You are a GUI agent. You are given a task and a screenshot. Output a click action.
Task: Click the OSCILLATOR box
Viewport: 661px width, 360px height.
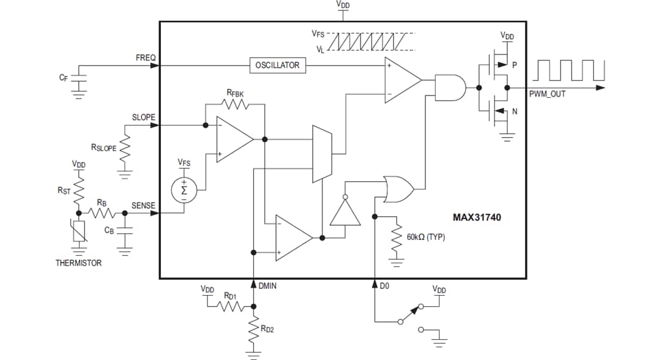point(277,65)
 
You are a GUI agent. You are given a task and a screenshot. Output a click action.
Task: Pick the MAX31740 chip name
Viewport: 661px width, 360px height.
point(477,217)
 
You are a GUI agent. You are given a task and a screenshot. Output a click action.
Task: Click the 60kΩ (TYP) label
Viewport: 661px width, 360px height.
point(425,236)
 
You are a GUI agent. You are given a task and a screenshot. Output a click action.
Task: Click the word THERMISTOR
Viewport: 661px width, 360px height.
point(79,263)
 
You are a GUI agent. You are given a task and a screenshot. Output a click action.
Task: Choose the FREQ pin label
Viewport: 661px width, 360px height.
point(146,58)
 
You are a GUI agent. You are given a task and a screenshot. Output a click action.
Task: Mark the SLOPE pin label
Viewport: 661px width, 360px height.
point(144,117)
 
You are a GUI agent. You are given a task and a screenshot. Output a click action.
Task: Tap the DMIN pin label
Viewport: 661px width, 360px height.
point(267,285)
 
